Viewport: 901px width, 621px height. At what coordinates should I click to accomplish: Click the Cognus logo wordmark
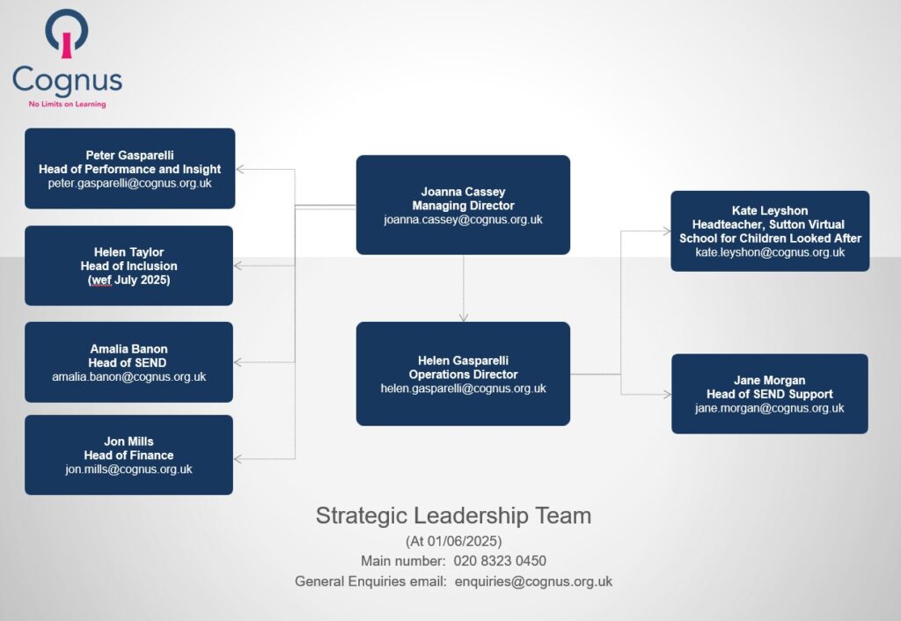tap(67, 81)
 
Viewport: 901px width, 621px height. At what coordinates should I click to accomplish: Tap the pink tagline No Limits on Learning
tap(67, 104)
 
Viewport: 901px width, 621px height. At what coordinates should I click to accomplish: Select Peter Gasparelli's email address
tap(130, 183)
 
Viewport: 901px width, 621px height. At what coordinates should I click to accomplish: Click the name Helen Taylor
tap(128, 252)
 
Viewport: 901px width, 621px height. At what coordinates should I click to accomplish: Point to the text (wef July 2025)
tap(128, 280)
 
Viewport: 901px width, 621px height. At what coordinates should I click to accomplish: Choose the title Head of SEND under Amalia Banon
tap(128, 363)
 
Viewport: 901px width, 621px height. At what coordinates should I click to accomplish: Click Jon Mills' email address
tap(128, 470)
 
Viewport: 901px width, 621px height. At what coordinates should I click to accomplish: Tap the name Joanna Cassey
tap(463, 192)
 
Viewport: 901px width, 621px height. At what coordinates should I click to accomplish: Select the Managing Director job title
tap(463, 206)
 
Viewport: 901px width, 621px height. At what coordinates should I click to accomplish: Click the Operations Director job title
tap(463, 375)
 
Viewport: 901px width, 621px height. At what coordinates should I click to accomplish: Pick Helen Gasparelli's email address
tap(463, 388)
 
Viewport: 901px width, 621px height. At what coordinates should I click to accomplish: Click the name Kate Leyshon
tap(770, 211)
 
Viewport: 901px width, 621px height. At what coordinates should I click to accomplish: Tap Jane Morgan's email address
tap(769, 408)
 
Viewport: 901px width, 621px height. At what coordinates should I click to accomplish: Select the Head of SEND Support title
tap(769, 394)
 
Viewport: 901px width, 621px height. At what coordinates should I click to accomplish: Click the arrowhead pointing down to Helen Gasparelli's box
tap(464, 318)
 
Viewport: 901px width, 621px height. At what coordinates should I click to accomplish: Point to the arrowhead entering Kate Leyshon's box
tap(667, 231)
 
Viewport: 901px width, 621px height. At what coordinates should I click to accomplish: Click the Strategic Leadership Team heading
tap(453, 515)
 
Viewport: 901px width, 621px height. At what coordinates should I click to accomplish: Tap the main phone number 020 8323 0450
tap(500, 560)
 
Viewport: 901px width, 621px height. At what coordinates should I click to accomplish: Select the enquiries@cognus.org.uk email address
tap(534, 581)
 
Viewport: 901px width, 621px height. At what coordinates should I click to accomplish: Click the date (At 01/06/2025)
tap(453, 541)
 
